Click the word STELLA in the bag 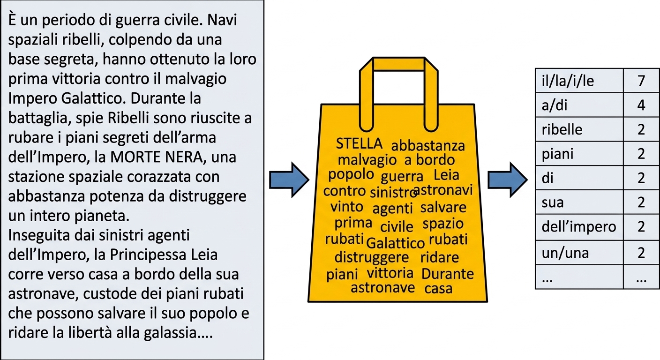359,143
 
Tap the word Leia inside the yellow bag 446,175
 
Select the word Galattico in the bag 396,243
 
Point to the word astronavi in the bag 443,190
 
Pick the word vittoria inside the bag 390,273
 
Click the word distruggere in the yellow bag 372,257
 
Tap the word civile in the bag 397,226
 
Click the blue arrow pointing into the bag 289,180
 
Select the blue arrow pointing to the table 508,180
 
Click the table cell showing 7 641,81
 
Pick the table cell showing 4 641,105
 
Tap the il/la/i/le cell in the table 579,81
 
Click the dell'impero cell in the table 579,227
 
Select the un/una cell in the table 579,253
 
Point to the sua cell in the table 579,202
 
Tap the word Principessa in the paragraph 148,255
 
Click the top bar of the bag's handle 398,64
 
